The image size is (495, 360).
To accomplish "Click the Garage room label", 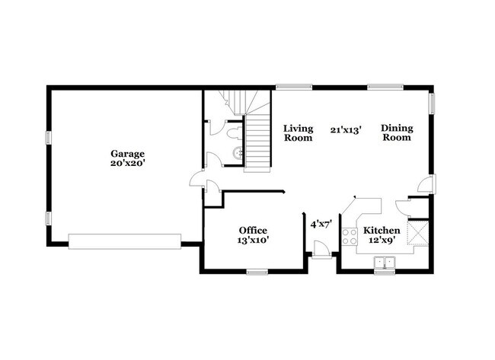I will point(126,152).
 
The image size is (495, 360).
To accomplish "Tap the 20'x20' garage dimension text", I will point(126,162).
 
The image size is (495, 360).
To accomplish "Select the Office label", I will point(253,230).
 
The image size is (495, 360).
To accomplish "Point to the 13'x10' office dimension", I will point(253,240).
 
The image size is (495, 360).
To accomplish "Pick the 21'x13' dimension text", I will point(346,130).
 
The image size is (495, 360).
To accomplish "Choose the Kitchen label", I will point(381,230).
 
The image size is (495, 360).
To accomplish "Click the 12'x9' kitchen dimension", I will point(381,240).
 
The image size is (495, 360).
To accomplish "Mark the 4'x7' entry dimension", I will point(319,225).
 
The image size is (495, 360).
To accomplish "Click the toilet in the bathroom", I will point(233,133).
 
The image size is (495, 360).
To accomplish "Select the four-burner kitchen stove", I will point(350,236).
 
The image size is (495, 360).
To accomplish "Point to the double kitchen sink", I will point(385,263).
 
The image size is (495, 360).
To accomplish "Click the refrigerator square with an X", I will point(418,232).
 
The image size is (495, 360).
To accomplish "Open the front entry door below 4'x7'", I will point(321,250).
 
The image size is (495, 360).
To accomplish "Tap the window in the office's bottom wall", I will point(257,271).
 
